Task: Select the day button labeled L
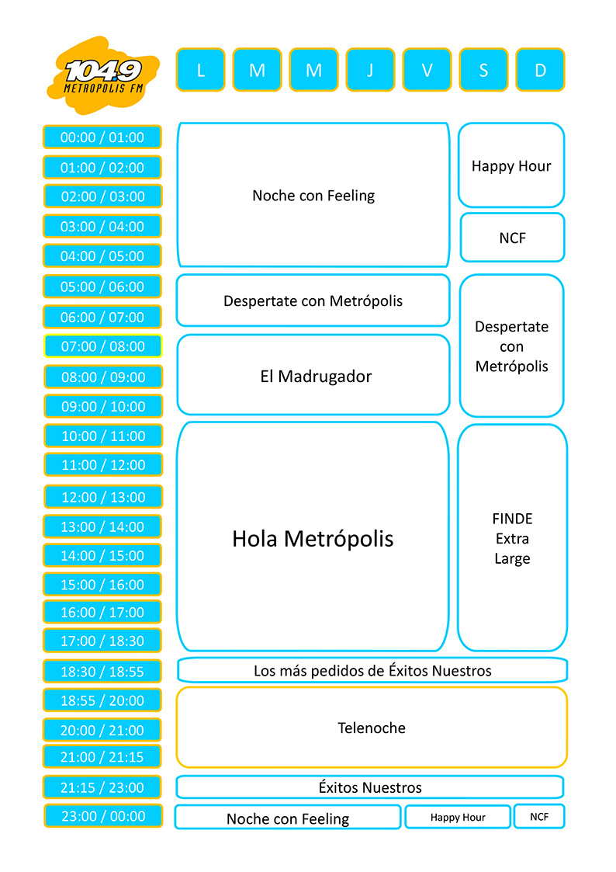pos(200,70)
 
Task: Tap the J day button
pos(370,70)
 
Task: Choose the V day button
pos(427,70)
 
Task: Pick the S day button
pos(483,70)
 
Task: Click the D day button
pos(540,70)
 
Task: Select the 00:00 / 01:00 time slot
pos(102,137)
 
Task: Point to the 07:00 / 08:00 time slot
pos(102,346)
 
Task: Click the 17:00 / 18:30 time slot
pos(102,641)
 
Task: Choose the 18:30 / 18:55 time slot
pos(102,671)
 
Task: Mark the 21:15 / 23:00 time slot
pos(102,787)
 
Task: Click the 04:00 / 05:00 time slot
pos(102,255)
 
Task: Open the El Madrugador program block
pos(313,376)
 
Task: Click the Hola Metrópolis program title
pos(313,539)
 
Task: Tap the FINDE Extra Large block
pos(512,538)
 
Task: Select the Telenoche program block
pos(372,728)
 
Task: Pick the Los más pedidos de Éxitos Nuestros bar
pos(372,670)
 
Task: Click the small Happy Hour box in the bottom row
pos(458,817)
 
